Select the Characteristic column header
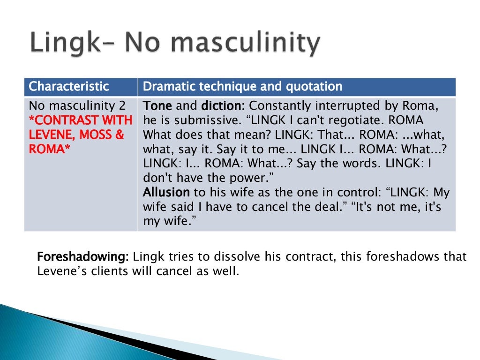[69, 87]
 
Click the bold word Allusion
[166, 192]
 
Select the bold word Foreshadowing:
[82, 257]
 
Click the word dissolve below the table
[234, 257]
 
